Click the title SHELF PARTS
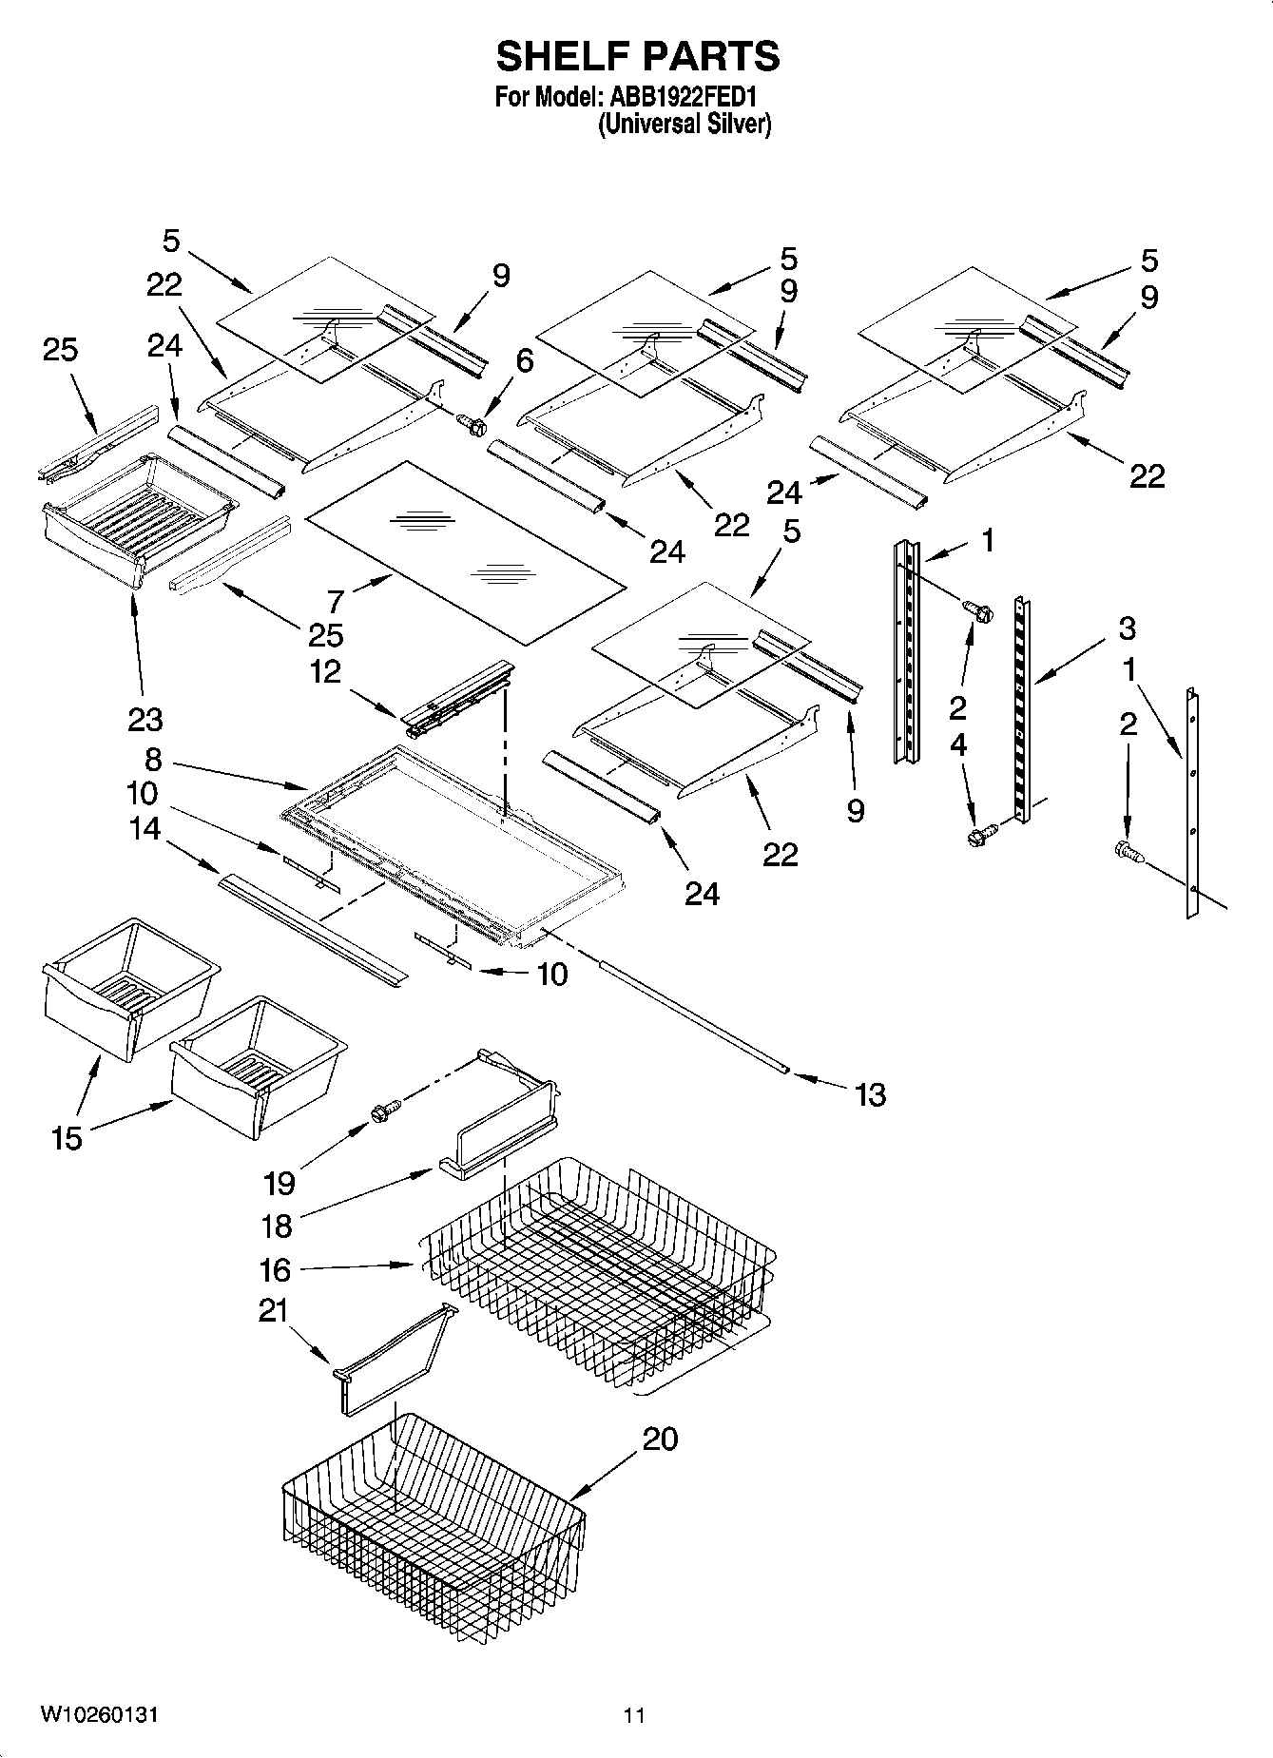click(637, 57)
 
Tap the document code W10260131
click(100, 1714)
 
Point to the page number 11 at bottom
click(634, 1715)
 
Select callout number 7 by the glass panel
click(335, 601)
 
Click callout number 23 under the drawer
click(145, 719)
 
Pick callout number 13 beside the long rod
click(870, 1094)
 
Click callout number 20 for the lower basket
click(660, 1439)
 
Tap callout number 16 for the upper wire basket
click(275, 1269)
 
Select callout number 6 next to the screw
click(524, 360)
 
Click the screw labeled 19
click(385, 1109)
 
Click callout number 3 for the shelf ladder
click(1127, 628)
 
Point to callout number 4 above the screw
click(958, 744)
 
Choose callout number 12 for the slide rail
click(325, 671)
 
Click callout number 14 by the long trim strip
click(145, 828)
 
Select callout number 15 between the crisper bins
click(68, 1137)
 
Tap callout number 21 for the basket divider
click(273, 1310)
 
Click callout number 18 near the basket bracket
click(277, 1226)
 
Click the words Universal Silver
click(685, 124)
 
